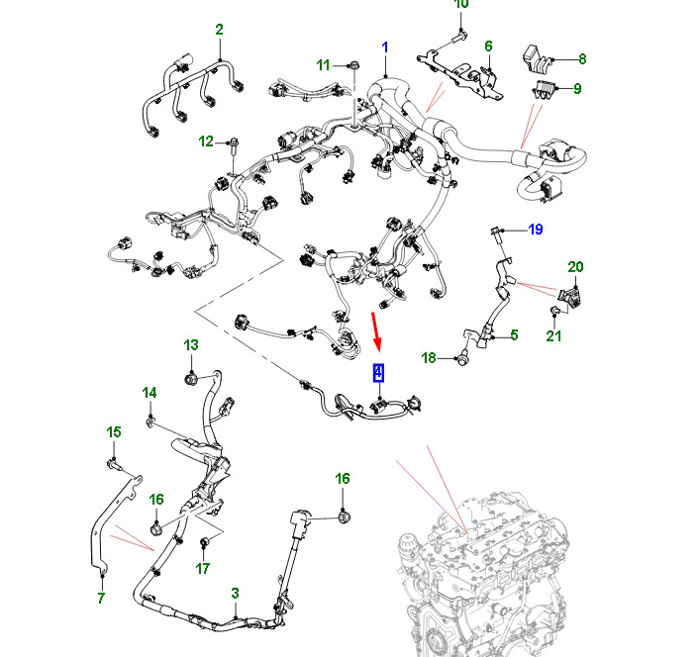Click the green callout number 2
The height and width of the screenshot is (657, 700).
219,30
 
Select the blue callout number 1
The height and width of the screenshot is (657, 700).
385,47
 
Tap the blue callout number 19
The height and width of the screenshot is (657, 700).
536,230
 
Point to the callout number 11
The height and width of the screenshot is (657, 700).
323,65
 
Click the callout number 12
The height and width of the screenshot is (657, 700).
206,141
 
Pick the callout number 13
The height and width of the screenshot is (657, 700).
191,344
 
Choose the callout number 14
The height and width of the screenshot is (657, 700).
150,393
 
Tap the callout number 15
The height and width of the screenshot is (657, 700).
114,431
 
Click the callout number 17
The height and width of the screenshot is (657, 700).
203,568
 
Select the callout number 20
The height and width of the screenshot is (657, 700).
575,267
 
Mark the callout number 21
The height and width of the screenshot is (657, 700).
553,335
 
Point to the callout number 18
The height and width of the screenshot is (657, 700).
429,358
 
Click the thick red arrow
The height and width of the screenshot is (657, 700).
376,330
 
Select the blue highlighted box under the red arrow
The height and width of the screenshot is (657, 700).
378,373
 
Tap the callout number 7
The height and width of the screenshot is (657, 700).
101,598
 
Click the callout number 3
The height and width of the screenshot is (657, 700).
236,594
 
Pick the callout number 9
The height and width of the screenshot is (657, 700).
577,88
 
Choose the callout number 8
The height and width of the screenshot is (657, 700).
582,58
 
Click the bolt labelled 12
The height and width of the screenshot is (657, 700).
235,148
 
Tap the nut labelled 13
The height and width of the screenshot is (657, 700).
191,380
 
